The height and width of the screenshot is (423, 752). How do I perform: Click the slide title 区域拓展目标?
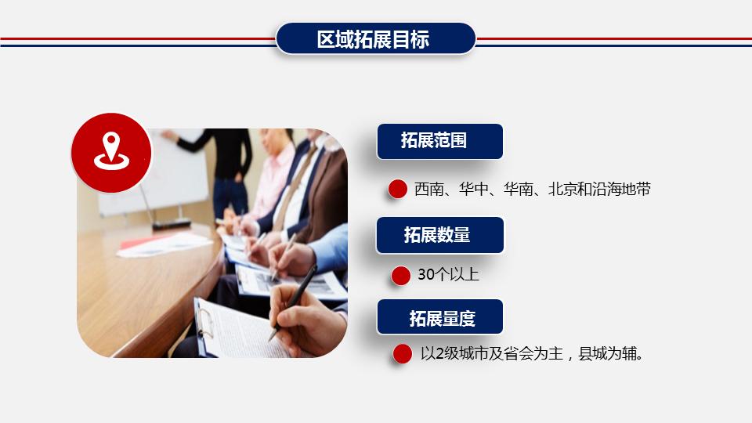point(375,39)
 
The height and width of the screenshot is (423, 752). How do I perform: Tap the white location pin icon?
point(111,151)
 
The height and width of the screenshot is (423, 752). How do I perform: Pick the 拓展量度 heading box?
point(439,318)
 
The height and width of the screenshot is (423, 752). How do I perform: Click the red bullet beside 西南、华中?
point(398,189)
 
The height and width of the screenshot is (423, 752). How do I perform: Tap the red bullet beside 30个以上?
point(401,275)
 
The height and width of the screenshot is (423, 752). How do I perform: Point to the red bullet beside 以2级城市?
point(403,354)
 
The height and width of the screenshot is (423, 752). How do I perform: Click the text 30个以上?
point(448,275)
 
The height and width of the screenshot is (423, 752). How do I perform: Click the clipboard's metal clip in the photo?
point(205,324)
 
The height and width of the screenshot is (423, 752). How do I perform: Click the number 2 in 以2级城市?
point(439,354)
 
